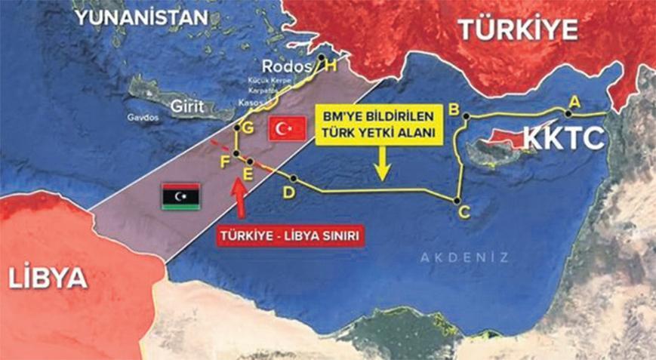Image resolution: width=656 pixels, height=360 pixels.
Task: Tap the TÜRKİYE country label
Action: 518,29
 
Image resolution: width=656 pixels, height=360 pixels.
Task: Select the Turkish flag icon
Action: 287,130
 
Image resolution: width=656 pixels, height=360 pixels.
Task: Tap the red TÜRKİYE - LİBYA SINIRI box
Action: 287,235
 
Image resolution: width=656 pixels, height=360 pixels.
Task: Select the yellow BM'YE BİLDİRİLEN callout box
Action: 381,125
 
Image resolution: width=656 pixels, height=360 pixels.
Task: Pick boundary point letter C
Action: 464,213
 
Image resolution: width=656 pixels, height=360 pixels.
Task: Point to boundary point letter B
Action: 454,108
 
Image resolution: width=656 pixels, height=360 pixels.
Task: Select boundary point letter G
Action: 245,126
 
